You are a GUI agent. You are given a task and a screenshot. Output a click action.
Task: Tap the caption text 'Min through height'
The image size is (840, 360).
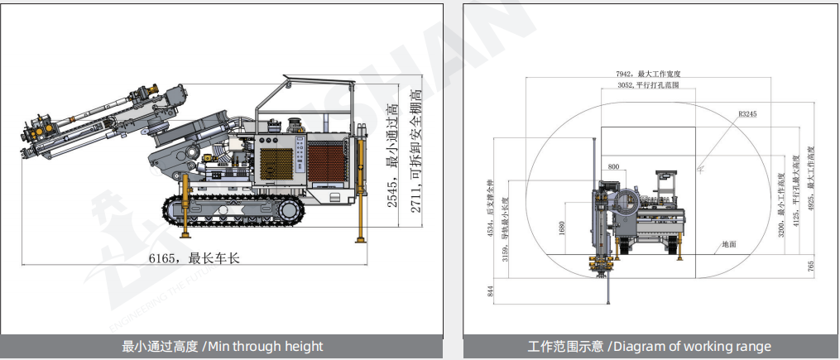click(x=223, y=346)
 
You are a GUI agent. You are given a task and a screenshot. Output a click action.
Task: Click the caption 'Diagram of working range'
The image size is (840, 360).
click(x=649, y=346)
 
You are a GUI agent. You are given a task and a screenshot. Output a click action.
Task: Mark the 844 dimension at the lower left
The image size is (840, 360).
click(x=490, y=290)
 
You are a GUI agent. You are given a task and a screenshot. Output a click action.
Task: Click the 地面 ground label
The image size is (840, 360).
click(x=728, y=244)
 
